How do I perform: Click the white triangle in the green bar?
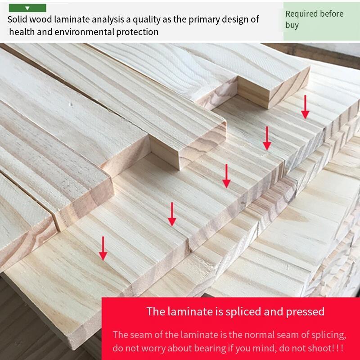(27, 8)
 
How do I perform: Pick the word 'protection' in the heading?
(137, 32)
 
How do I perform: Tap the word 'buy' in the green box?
(292, 25)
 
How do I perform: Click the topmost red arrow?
(305, 107)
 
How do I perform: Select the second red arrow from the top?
(267, 138)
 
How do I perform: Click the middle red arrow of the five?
(226, 176)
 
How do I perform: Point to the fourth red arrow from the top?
(172, 214)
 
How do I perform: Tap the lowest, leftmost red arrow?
(103, 248)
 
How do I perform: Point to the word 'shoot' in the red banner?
(320, 348)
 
